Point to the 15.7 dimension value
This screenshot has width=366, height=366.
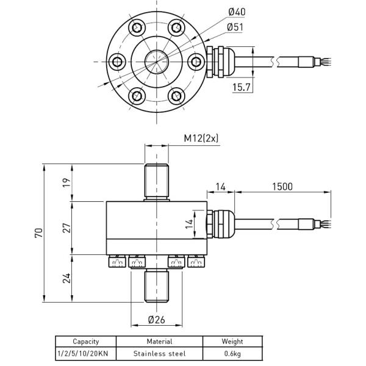click(242, 87)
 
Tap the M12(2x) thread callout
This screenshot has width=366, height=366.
click(201, 138)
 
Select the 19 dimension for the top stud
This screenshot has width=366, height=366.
click(66, 181)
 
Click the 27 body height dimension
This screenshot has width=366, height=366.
click(66, 228)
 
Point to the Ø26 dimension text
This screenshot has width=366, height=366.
click(157, 320)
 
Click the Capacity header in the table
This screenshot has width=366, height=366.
click(85, 342)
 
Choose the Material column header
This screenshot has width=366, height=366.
click(159, 342)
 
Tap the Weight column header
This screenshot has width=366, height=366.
click(232, 342)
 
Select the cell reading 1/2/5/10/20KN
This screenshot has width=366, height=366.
click(85, 353)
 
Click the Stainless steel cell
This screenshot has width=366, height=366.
click(159, 353)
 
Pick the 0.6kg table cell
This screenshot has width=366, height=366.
click(232, 353)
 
